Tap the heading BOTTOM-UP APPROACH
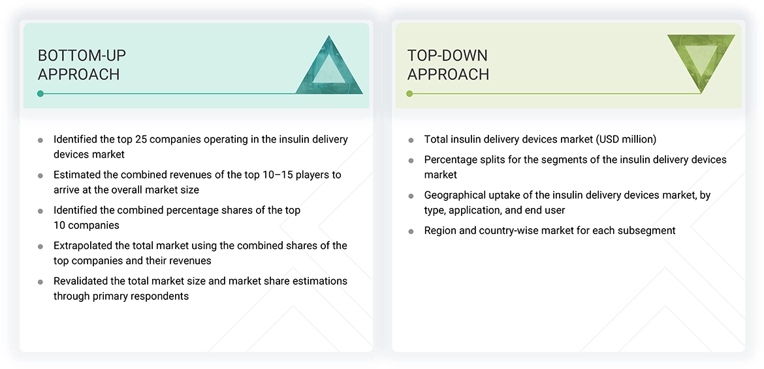(82, 65)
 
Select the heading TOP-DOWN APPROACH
(448, 65)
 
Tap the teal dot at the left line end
(40, 94)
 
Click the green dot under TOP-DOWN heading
(409, 94)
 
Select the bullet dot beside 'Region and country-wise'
(411, 231)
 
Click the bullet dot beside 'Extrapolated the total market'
(40, 247)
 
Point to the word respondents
(161, 296)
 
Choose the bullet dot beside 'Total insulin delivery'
(411, 140)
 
